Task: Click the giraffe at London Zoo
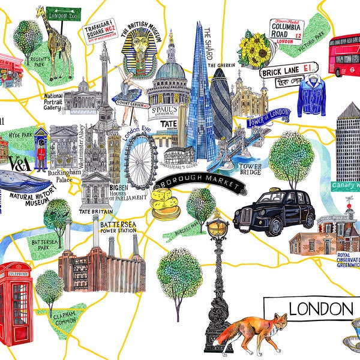pyautogui.click(x=58, y=45)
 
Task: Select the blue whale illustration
pyautogui.click(x=24, y=181)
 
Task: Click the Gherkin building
pyautogui.click(x=220, y=102)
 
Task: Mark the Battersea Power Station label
pyautogui.click(x=112, y=226)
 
